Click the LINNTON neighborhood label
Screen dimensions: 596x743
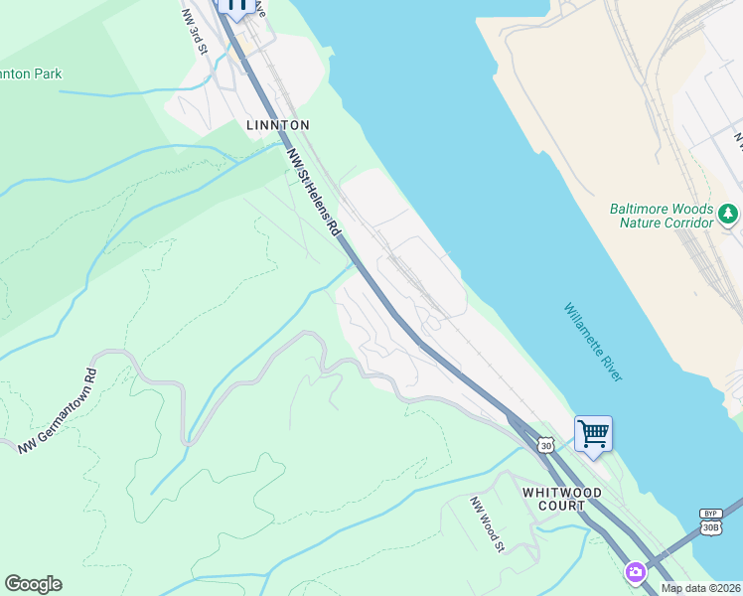coord(278,125)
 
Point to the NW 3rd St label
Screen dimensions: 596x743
coord(195,32)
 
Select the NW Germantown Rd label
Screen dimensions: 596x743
coord(60,413)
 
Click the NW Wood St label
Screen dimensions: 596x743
coord(488,522)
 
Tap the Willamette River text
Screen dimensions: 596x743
coord(593,342)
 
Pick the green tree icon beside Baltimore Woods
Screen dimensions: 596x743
coord(728,213)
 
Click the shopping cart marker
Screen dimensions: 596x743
coord(593,434)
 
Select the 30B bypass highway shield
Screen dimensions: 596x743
coord(709,527)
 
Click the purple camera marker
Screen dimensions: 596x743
coord(635,572)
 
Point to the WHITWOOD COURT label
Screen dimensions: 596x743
coord(554,498)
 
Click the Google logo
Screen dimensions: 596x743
coord(33,584)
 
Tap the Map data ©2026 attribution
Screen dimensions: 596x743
coord(701,588)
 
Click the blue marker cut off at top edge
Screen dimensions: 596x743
coord(236,6)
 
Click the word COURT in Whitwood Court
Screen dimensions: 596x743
coord(561,506)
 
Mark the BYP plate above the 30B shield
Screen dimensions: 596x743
coord(709,514)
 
